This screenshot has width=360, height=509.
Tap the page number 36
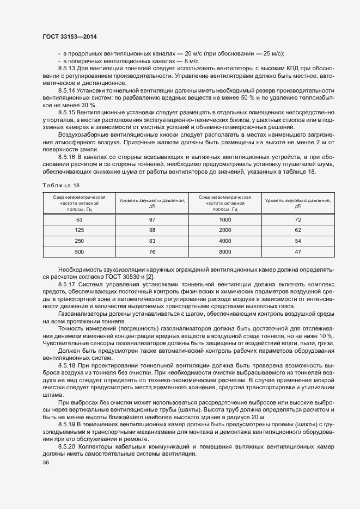click(45, 463)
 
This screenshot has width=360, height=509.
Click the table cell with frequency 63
click(79, 219)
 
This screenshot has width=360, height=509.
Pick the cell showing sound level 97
click(152, 219)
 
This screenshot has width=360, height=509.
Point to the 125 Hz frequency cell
click(79, 230)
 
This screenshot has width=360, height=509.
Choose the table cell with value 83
click(152, 241)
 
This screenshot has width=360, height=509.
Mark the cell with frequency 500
click(79, 252)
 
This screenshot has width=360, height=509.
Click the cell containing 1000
click(225, 219)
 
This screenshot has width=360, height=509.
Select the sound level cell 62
click(298, 230)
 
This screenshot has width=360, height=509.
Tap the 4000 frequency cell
click(225, 241)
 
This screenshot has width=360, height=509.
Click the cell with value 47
click(298, 252)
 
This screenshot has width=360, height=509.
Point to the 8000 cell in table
click(225, 252)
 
